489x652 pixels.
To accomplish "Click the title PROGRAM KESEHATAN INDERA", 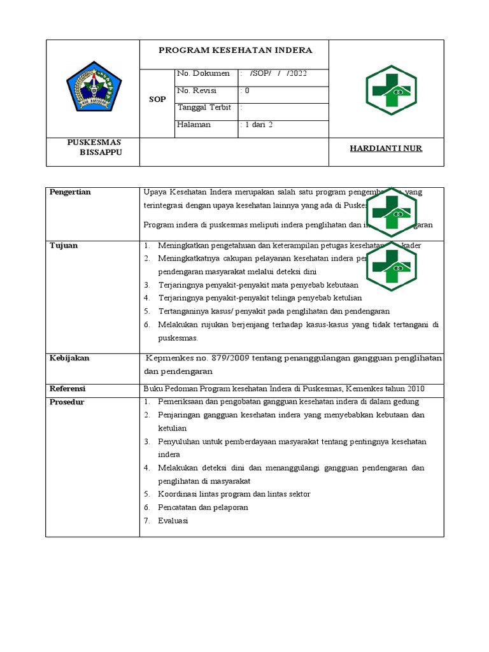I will [x=235, y=50].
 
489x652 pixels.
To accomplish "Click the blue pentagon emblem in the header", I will [x=94, y=87].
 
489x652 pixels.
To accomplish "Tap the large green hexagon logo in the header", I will [x=391, y=90].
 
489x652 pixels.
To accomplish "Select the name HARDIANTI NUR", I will [x=386, y=148].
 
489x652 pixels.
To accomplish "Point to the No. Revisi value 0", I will [x=245, y=90].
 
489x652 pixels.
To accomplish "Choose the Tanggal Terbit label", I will [x=204, y=107].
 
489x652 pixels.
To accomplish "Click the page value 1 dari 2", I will [x=257, y=125].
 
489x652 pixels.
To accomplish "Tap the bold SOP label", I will [x=157, y=99].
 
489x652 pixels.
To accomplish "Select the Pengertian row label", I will [x=70, y=192].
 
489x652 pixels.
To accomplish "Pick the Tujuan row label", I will [x=64, y=246].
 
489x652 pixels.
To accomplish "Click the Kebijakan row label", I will [x=69, y=358].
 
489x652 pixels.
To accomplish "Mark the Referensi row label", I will [x=67, y=388].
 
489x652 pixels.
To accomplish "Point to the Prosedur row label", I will [x=67, y=402].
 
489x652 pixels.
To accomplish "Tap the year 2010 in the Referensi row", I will [x=415, y=388].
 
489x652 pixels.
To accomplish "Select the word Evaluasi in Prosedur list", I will [x=174, y=520].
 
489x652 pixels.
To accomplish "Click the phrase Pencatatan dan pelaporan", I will [x=204, y=507].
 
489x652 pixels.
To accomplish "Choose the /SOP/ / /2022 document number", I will [x=279, y=73].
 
